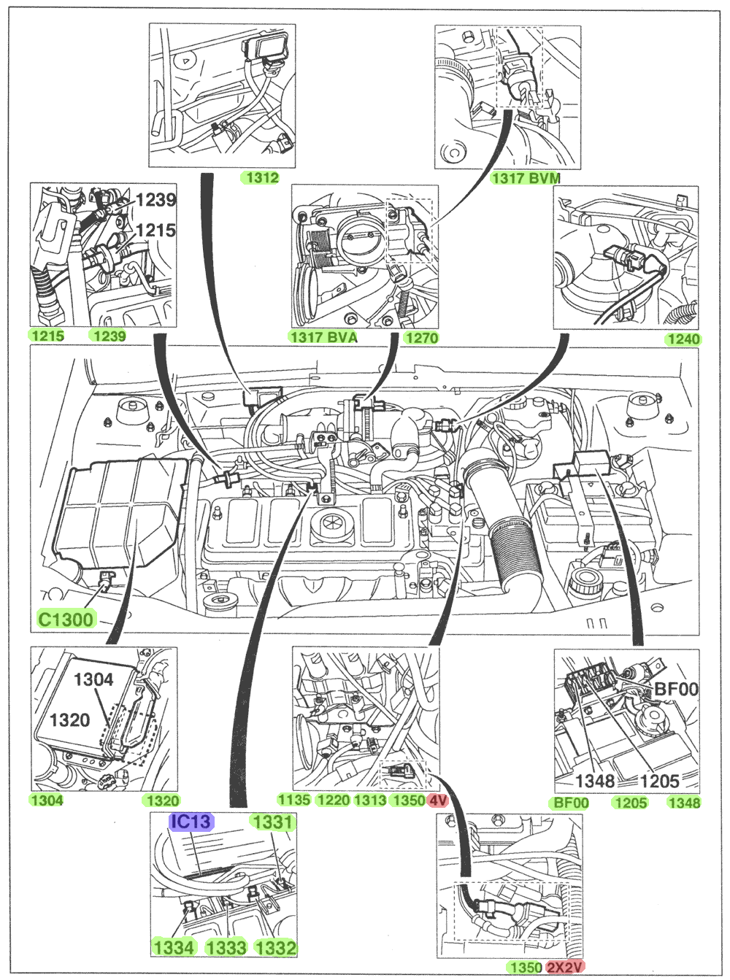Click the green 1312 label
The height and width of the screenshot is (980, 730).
point(262,177)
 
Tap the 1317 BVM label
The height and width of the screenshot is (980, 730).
point(526,177)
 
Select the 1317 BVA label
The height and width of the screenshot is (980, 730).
point(324,337)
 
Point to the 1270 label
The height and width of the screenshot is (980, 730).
point(421,337)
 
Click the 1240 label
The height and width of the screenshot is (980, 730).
point(683,339)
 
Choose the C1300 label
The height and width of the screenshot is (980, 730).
point(66,620)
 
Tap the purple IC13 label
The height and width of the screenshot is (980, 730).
point(191,822)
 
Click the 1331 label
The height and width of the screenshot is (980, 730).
point(272,822)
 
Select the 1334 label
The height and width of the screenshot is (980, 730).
point(174,947)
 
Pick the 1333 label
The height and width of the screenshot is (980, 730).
point(226,947)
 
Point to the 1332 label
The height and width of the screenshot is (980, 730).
point(276,947)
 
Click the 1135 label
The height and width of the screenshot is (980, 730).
point(294,800)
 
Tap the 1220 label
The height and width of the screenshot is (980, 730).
point(333,800)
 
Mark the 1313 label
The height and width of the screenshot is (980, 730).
point(370,800)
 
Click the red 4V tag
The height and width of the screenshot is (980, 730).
point(437,800)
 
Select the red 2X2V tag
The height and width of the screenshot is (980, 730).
point(565,968)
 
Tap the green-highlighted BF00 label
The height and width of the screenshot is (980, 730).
point(571,803)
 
